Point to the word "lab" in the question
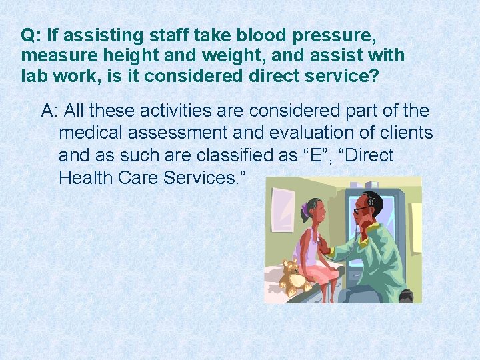[34, 75]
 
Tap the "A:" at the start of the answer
[51, 111]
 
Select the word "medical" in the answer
[87, 133]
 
